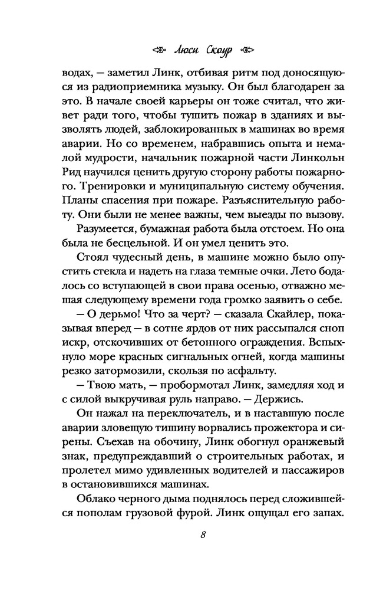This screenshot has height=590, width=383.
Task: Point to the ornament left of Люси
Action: click(x=155, y=49)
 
